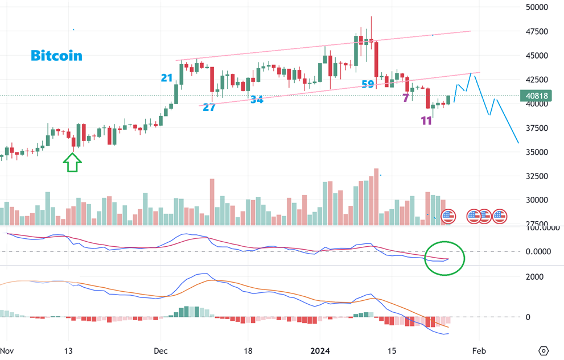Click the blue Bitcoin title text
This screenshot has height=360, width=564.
[56, 56]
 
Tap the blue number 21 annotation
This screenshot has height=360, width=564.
[167, 78]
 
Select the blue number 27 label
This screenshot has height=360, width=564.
[209, 107]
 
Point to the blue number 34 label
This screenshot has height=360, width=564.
[257, 100]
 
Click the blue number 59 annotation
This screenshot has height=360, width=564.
[368, 85]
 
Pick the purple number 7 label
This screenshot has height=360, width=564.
[406, 98]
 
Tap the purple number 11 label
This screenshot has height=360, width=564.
[426, 121]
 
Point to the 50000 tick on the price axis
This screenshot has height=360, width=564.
[537, 7]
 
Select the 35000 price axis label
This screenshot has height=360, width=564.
[537, 152]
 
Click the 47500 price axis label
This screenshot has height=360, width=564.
[537, 32]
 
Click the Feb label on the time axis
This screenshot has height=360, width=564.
[479, 350]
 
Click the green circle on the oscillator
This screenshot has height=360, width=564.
[445, 258]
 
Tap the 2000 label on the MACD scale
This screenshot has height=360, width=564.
[533, 277]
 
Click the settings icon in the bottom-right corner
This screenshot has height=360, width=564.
[544, 350]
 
